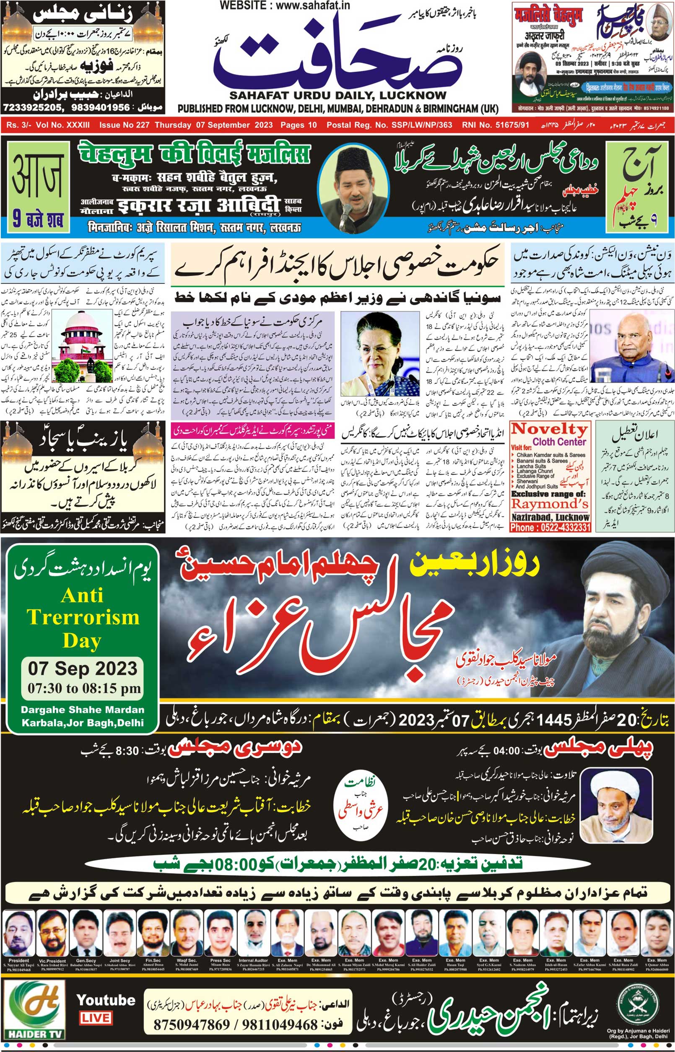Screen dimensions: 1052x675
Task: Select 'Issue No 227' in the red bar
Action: click(x=124, y=125)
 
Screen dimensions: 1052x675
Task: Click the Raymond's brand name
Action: click(x=550, y=503)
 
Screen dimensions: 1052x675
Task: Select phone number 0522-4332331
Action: click(x=562, y=528)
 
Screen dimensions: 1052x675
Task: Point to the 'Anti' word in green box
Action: click(x=83, y=596)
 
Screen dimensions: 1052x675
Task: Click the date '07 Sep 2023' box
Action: click(x=83, y=669)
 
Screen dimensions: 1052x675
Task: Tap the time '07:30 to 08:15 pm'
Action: click(x=84, y=688)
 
